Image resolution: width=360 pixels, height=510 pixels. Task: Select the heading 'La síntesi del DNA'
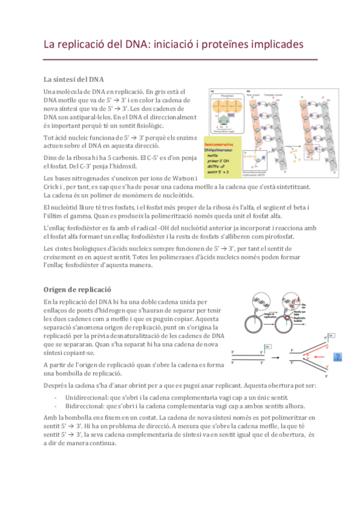pos(74,79)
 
